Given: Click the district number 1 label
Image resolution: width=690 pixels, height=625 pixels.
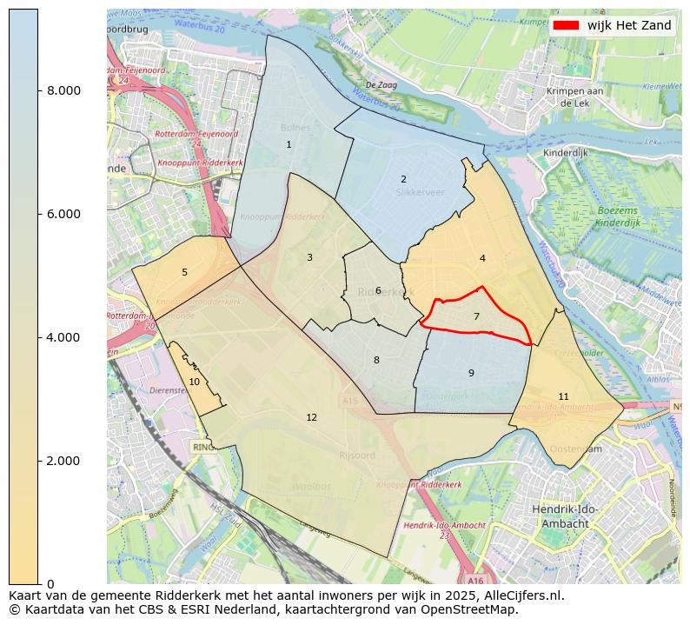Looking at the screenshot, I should click(x=289, y=145).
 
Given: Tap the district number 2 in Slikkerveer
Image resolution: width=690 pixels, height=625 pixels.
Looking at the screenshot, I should click(x=403, y=180).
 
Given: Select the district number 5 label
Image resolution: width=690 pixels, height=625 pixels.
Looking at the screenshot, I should click(x=184, y=273).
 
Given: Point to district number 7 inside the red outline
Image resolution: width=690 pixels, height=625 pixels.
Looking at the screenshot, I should click(x=476, y=317).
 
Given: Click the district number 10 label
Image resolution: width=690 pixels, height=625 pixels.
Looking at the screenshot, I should click(x=195, y=382).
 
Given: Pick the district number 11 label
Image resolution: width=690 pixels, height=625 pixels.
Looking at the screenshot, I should click(x=563, y=397).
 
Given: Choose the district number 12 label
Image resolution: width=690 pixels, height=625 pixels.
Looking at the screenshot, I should click(x=311, y=418).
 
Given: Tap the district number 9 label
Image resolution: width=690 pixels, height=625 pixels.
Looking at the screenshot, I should click(x=471, y=374).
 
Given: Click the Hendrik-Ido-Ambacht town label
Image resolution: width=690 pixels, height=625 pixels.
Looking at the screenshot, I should click(x=565, y=517).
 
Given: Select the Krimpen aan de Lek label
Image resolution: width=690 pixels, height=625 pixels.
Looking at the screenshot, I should click(x=575, y=96).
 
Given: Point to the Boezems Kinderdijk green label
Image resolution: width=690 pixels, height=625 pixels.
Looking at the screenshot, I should click(x=618, y=217).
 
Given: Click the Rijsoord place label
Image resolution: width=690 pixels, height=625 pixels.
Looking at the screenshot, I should click(x=356, y=455).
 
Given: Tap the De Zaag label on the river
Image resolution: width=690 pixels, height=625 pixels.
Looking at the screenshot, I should click(x=381, y=85).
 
